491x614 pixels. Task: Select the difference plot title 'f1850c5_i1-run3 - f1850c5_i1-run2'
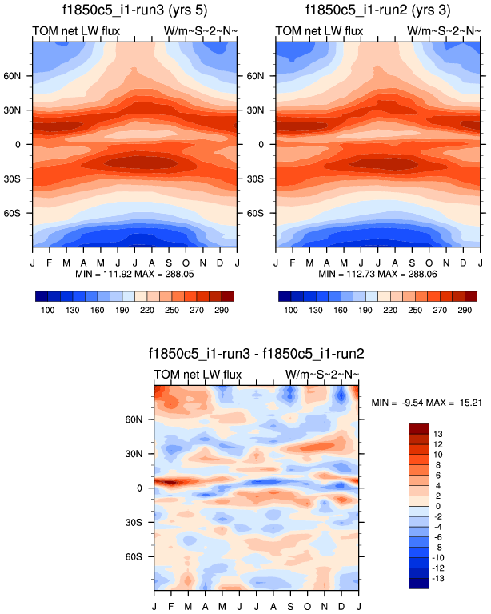tap(256, 353)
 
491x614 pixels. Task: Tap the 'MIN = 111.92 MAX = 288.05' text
tap(134, 274)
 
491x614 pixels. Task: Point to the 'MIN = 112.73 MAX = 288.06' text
tap(377, 274)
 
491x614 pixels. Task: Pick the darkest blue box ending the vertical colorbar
tap(418, 583)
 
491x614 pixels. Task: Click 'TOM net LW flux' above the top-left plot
tap(76, 31)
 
